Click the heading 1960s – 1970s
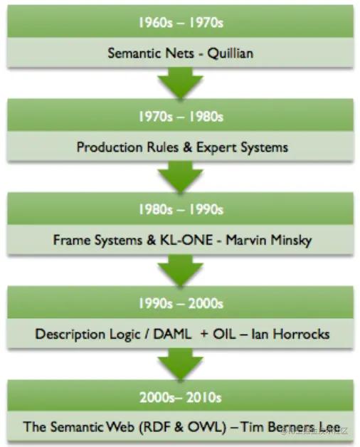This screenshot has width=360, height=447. pyautogui.click(x=181, y=23)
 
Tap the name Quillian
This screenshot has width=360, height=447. pyautogui.click(x=230, y=53)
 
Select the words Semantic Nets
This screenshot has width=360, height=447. pyautogui.click(x=151, y=53)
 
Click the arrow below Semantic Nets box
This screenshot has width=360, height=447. pyautogui.click(x=180, y=83)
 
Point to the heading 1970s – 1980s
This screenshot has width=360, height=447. pyautogui.click(x=181, y=117)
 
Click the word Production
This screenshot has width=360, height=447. pyautogui.click(x=110, y=147)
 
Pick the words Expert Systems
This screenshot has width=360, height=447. pyautogui.click(x=243, y=147)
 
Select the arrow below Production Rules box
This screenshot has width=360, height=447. pyautogui.click(x=180, y=177)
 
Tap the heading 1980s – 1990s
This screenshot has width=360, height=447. pyautogui.click(x=181, y=209)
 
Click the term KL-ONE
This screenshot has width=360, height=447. pyautogui.click(x=186, y=240)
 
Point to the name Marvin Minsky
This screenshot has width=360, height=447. pyautogui.click(x=269, y=241)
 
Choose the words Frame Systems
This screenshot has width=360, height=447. pyautogui.click(x=97, y=241)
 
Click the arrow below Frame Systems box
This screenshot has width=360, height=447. pyautogui.click(x=180, y=270)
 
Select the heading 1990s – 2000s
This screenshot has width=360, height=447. pyautogui.click(x=181, y=303)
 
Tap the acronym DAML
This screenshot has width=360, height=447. pyautogui.click(x=172, y=334)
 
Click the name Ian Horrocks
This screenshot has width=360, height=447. pyautogui.click(x=290, y=334)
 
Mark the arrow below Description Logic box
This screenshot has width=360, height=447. pyautogui.click(x=180, y=364)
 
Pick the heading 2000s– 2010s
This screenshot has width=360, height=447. pyautogui.click(x=180, y=397)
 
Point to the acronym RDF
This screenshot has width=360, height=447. pyautogui.click(x=157, y=427)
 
